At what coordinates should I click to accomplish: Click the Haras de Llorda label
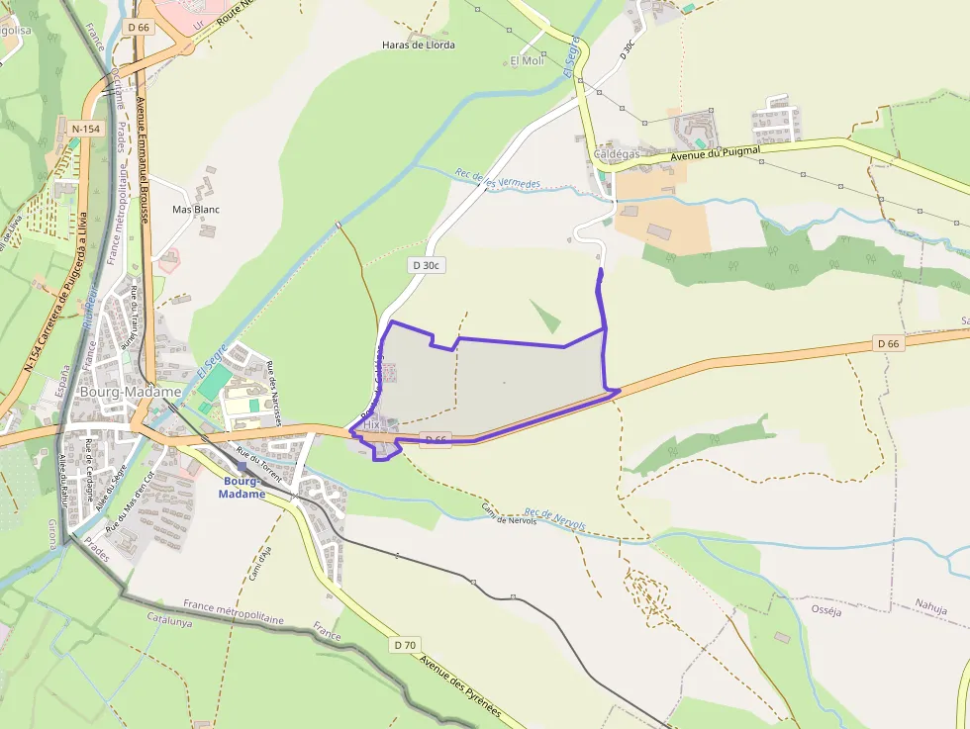click(419, 46)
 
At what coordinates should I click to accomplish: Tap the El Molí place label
click(527, 61)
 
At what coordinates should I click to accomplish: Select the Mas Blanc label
click(196, 210)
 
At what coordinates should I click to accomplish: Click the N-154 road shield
click(86, 129)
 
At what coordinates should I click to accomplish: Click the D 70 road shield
click(404, 645)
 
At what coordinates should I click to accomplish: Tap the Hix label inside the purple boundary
click(372, 423)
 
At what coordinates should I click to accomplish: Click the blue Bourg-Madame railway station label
click(243, 488)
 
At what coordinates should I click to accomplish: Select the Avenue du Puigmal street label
click(715, 154)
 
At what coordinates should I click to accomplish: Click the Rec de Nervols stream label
click(554, 519)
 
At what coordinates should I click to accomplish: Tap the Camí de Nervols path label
click(509, 514)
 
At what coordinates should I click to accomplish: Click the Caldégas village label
click(617, 154)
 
